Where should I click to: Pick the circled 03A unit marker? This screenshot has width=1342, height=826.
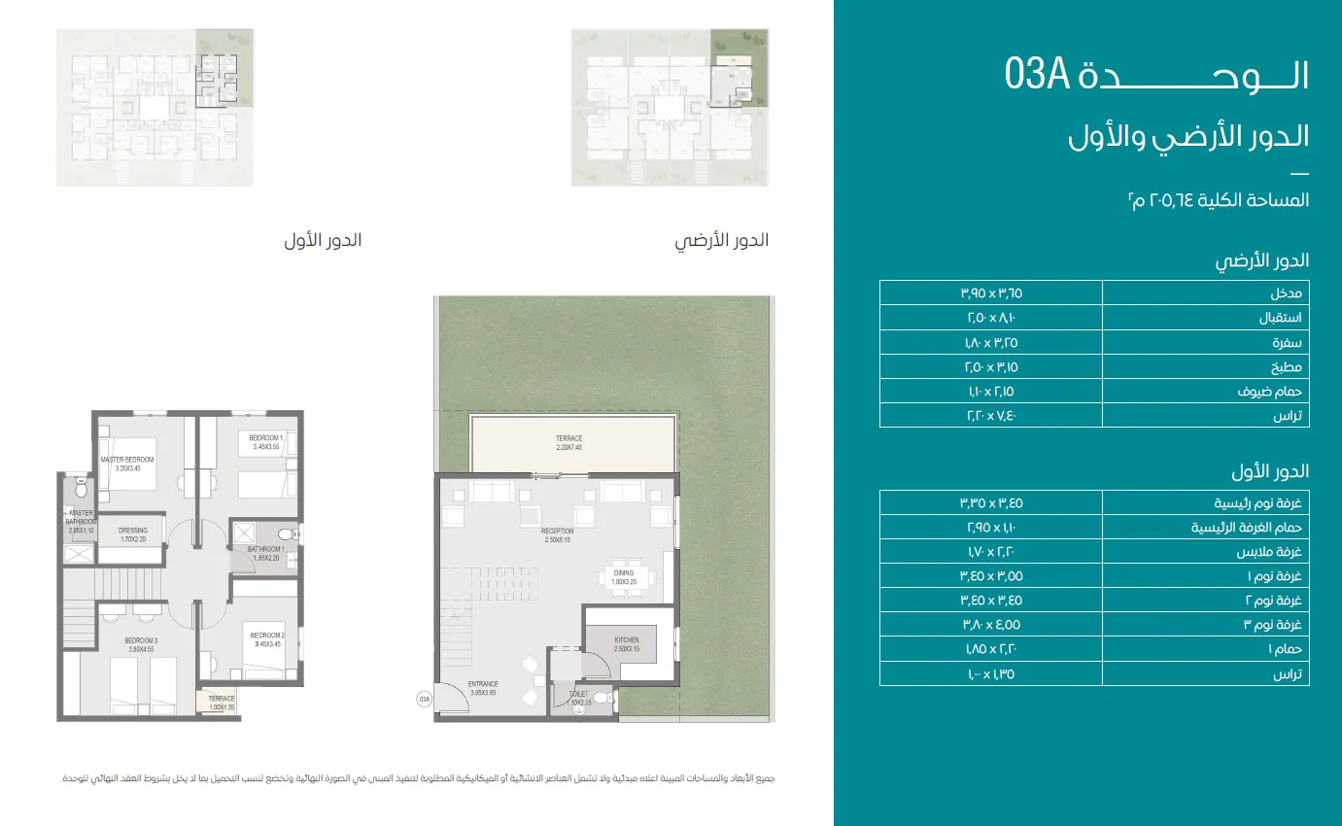coord(424,698)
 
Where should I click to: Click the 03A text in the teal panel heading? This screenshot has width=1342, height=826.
coord(1037,75)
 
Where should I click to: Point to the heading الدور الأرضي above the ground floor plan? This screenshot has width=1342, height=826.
coord(721,241)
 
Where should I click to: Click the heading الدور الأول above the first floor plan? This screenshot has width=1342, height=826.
coord(322,241)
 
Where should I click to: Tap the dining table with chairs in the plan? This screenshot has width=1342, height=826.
coord(623,575)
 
